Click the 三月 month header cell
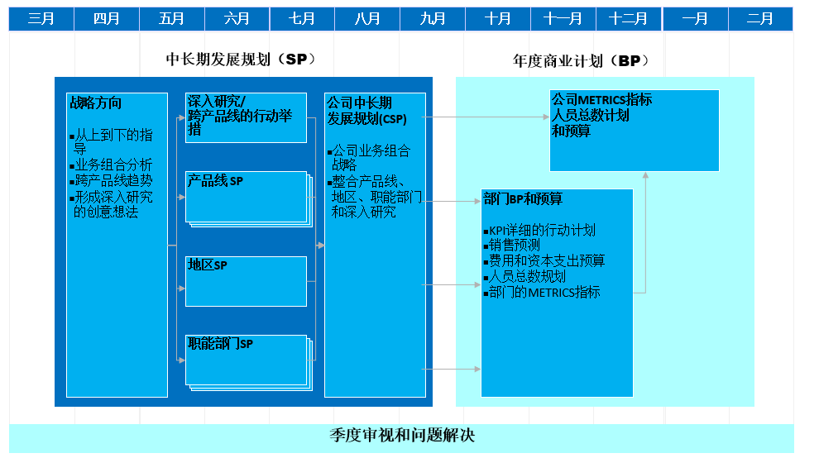tap(41, 19)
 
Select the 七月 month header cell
tap(302, 19)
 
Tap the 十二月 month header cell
tap(629, 19)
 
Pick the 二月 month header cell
tap(759, 19)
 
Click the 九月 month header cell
tap(432, 19)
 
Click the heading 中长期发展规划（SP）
tap(241, 60)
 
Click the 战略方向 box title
tap(96, 103)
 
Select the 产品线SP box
tap(246, 197)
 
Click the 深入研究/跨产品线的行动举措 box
tap(246, 116)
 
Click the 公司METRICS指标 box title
tap(601, 100)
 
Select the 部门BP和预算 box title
tap(522, 199)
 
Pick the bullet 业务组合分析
tap(113, 165)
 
